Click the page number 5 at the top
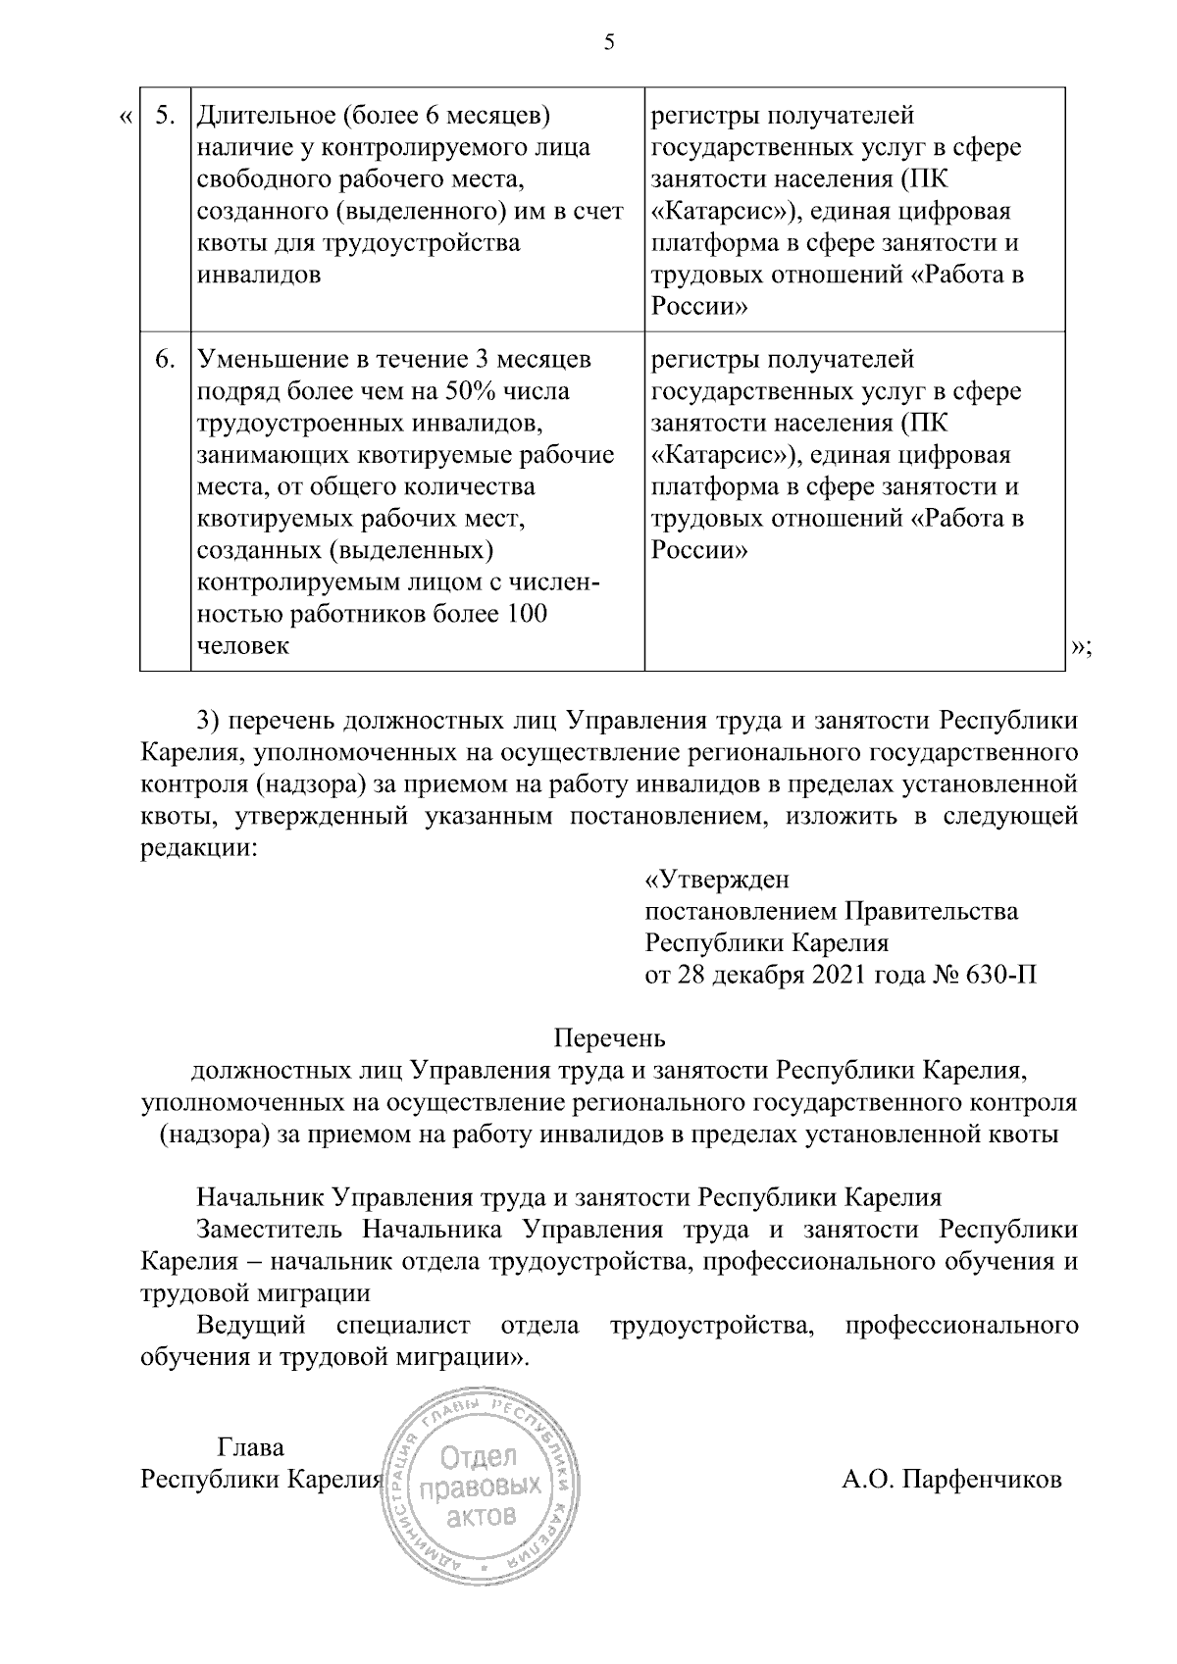click(x=609, y=42)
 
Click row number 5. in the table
click(x=166, y=116)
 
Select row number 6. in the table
click(x=166, y=359)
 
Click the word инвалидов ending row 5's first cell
click(x=259, y=275)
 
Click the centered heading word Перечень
click(x=609, y=1036)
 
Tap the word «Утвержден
click(x=716, y=879)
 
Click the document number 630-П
click(x=1002, y=976)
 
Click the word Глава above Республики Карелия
click(x=250, y=1446)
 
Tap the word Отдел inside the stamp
click(x=481, y=1458)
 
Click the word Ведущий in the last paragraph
click(x=251, y=1326)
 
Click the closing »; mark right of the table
click(x=1081, y=646)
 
